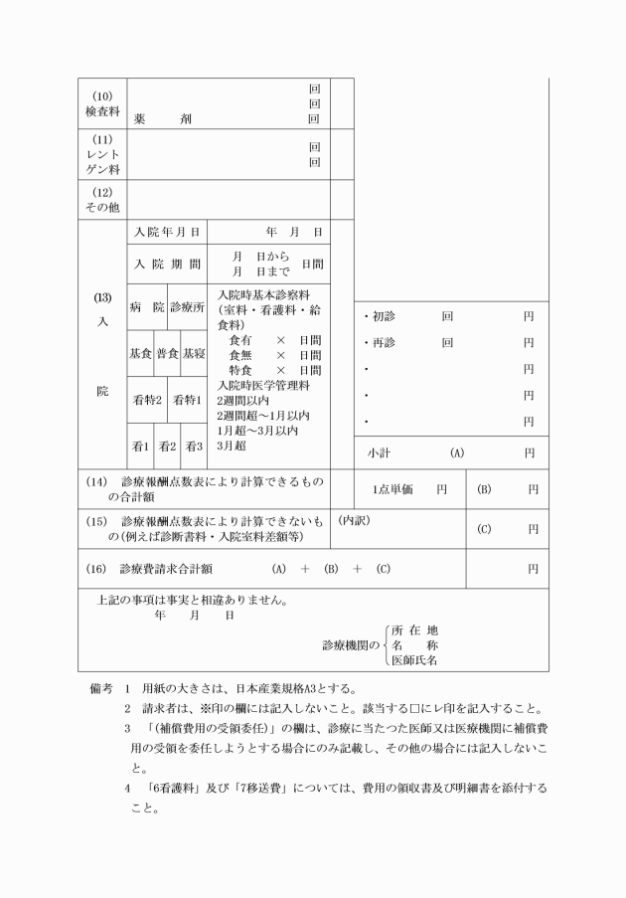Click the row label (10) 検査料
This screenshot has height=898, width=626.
(x=102, y=104)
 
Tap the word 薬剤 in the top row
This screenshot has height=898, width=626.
(x=163, y=119)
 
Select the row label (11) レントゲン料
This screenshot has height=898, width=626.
(x=102, y=154)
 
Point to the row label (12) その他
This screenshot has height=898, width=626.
(x=102, y=199)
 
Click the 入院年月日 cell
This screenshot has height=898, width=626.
(x=167, y=232)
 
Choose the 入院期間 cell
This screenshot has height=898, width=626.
(x=167, y=265)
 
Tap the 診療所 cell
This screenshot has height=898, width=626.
(x=187, y=307)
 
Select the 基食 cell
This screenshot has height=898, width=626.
(x=139, y=354)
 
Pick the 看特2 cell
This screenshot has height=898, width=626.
(x=147, y=400)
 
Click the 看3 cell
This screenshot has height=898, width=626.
(x=193, y=447)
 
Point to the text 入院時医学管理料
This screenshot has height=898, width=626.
(x=264, y=385)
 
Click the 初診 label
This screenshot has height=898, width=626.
(x=384, y=316)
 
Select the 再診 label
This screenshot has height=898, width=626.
(x=384, y=343)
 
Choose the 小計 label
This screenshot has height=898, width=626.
(x=379, y=452)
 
